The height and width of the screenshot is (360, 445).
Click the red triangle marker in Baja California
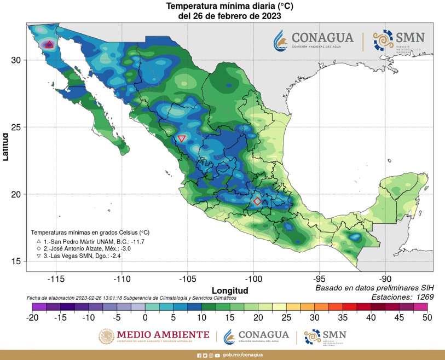pyautogui.click(x=50, y=44)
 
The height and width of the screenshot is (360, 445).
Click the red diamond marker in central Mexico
pyautogui.click(x=257, y=201)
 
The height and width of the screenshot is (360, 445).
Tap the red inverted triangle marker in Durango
pyautogui.click(x=182, y=139)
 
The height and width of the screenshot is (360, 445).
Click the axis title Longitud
pyautogui.click(x=230, y=290)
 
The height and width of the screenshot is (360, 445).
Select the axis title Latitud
pyautogui.click(x=5, y=146)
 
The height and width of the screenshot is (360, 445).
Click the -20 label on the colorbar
pyautogui.click(x=32, y=317)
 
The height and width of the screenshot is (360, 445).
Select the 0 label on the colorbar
pyautogui.click(x=145, y=317)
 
